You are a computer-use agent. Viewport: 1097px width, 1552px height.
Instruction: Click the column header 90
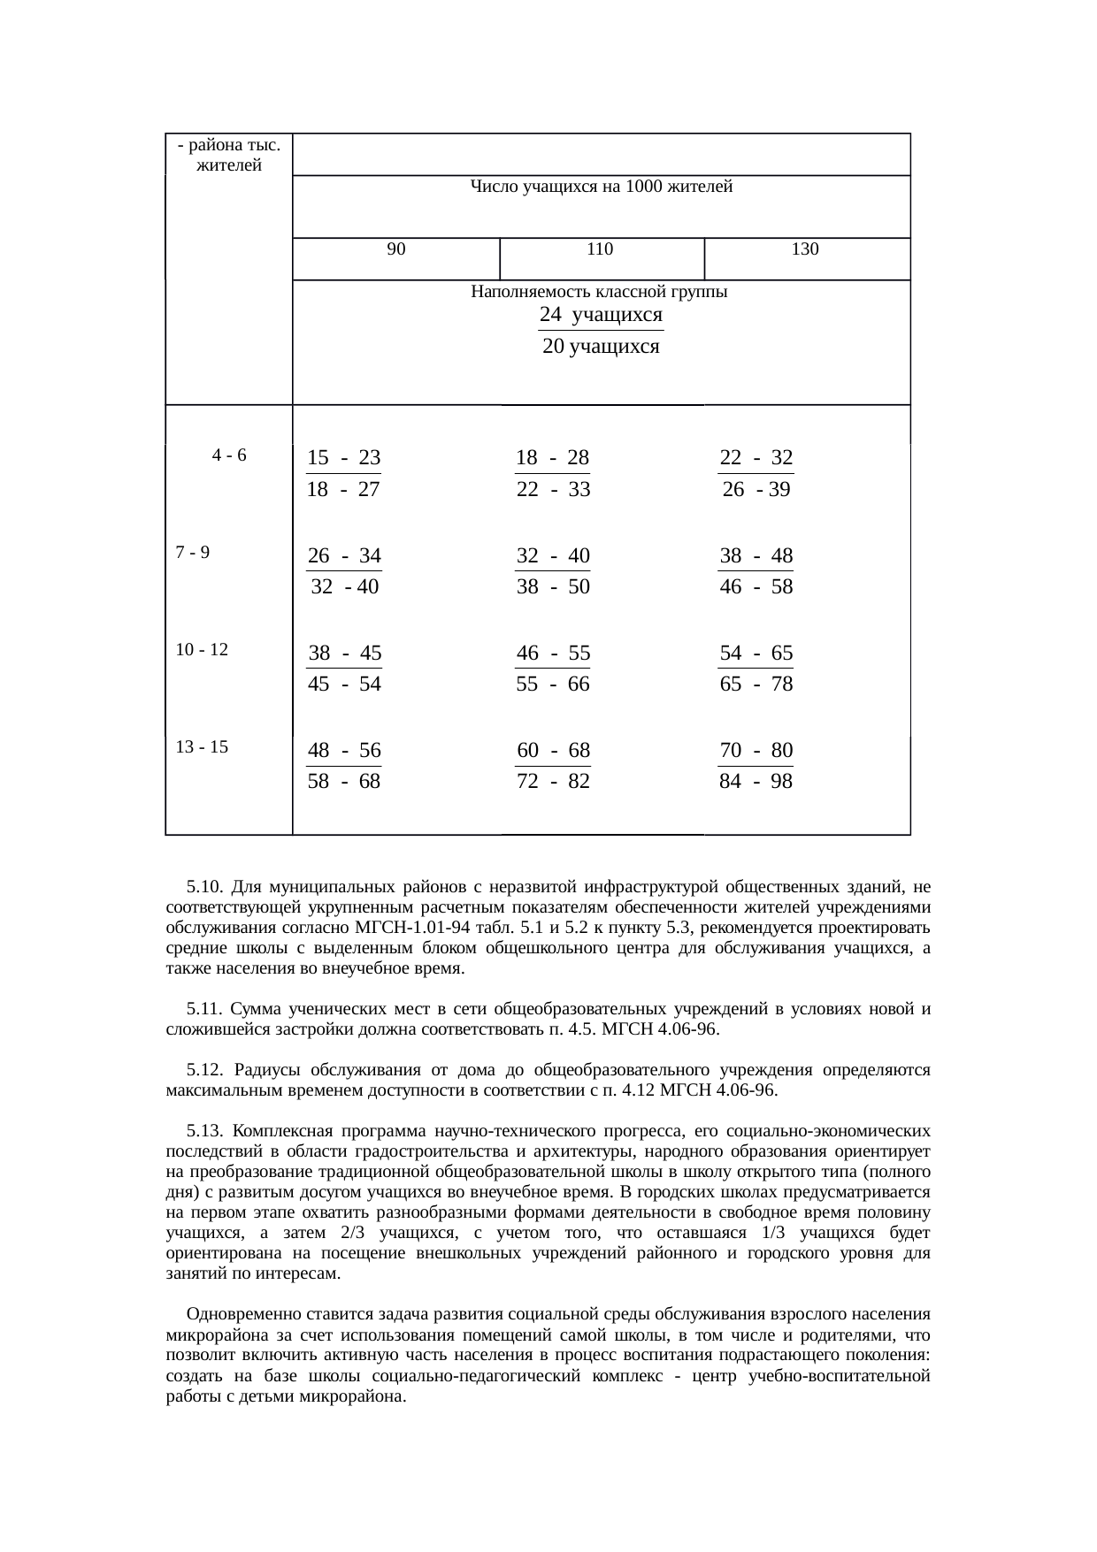click(397, 250)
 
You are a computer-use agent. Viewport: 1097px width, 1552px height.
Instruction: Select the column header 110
click(600, 250)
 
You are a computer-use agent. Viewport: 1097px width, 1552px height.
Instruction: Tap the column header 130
click(805, 250)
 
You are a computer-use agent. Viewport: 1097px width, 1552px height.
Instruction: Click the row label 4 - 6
click(229, 456)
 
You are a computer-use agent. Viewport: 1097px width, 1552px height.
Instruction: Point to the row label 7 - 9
click(193, 554)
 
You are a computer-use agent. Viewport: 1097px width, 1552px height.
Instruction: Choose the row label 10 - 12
click(202, 650)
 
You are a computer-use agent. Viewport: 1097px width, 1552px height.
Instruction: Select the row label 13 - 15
click(202, 747)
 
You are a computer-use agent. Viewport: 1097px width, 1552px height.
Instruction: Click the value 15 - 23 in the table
click(343, 458)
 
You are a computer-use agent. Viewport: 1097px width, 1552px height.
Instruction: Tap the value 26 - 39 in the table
click(756, 490)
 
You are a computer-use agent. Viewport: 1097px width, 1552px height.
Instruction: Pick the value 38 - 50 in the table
click(553, 587)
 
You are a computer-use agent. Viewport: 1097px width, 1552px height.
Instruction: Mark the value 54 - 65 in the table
click(756, 654)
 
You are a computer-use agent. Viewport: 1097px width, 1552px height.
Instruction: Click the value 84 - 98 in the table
click(756, 782)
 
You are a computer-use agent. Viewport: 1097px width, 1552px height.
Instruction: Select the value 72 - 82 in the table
click(553, 782)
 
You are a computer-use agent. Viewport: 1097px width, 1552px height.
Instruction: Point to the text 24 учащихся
click(601, 316)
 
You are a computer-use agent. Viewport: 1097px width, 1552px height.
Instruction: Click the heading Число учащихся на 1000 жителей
click(601, 187)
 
